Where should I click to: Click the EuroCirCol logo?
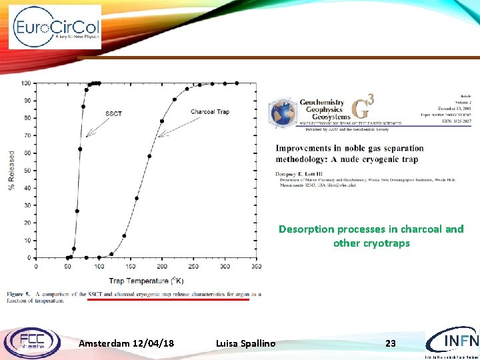point(55,27)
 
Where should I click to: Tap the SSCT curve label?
point(113,113)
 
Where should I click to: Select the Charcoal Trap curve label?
point(209,111)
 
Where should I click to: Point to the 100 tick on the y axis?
point(26,83)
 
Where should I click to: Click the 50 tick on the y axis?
point(26,171)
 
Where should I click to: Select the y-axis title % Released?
point(11,170)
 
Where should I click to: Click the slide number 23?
point(391,343)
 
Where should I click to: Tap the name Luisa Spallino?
point(245,343)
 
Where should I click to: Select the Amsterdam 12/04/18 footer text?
point(127,343)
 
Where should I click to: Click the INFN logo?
point(451,341)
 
